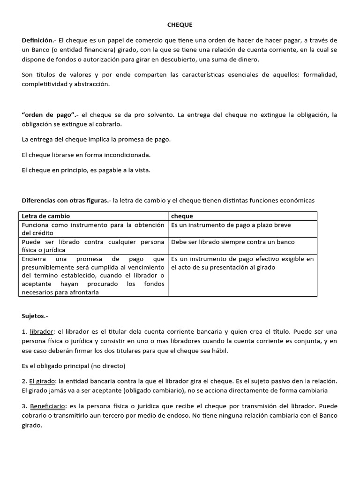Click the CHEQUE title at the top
pos(180,24)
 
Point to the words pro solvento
pos(153,115)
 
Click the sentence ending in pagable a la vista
pos(86,170)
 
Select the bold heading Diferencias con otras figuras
pos(65,200)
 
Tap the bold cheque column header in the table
pos(182,216)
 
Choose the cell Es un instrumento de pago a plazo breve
pos(231,225)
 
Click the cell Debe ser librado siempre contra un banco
pos(232,242)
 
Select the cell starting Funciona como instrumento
pos(93,229)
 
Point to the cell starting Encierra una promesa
pos(93,276)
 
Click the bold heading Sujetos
pos(35,316)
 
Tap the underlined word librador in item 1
pos(39,331)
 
